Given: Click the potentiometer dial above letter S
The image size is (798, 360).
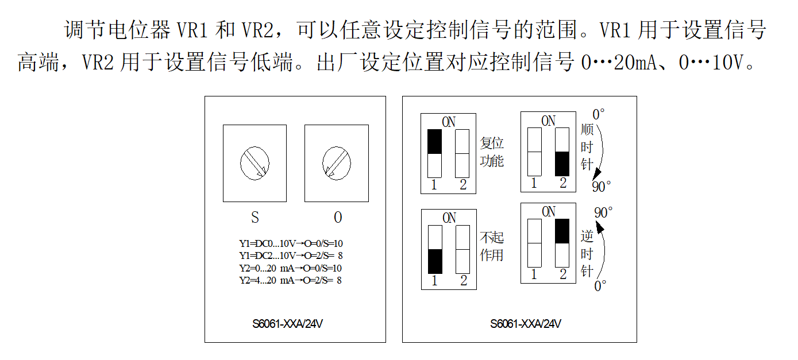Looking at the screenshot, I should point(255,163).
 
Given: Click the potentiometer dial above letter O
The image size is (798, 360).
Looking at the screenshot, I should point(336,163).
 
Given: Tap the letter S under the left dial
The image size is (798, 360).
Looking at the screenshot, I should point(255,218).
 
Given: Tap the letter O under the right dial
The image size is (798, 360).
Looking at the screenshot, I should point(338,218).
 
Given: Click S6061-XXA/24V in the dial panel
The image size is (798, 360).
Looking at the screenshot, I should point(287,324).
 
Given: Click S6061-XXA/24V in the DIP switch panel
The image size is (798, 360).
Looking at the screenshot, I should point(526,324).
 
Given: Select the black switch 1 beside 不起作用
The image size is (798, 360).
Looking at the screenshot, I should point(435,261).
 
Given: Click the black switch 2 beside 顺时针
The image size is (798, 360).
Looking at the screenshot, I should point(562,164).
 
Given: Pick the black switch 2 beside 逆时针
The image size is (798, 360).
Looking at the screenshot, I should point(563,231).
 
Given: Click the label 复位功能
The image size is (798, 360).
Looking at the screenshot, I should point(492,152).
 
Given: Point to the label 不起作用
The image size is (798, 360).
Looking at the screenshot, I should point(492,246).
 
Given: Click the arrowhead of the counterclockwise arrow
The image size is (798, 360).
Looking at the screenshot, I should point(600,229).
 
